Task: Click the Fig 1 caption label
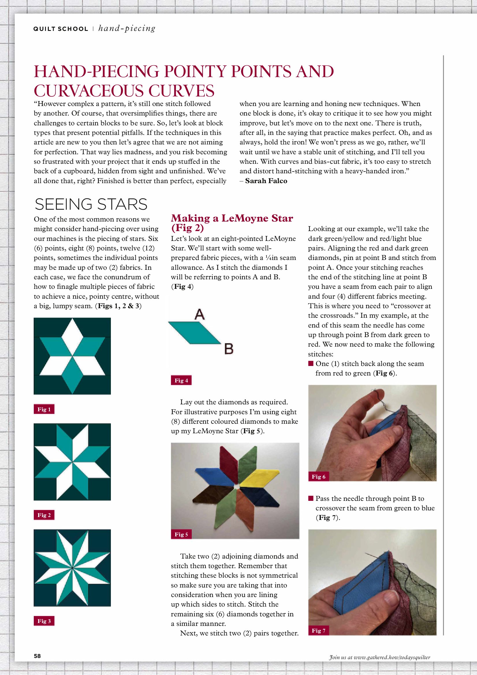coord(44,409)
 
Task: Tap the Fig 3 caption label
coord(44,621)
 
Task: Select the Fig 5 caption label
coord(181,534)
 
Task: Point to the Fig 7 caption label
coord(318,630)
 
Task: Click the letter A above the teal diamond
coord(200,314)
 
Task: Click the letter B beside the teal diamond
coord(229,349)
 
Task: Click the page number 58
coord(37,656)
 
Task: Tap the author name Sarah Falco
coord(266,181)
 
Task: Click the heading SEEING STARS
coord(91,204)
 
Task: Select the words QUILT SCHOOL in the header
coord(61,29)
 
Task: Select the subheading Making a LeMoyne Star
coord(232,218)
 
